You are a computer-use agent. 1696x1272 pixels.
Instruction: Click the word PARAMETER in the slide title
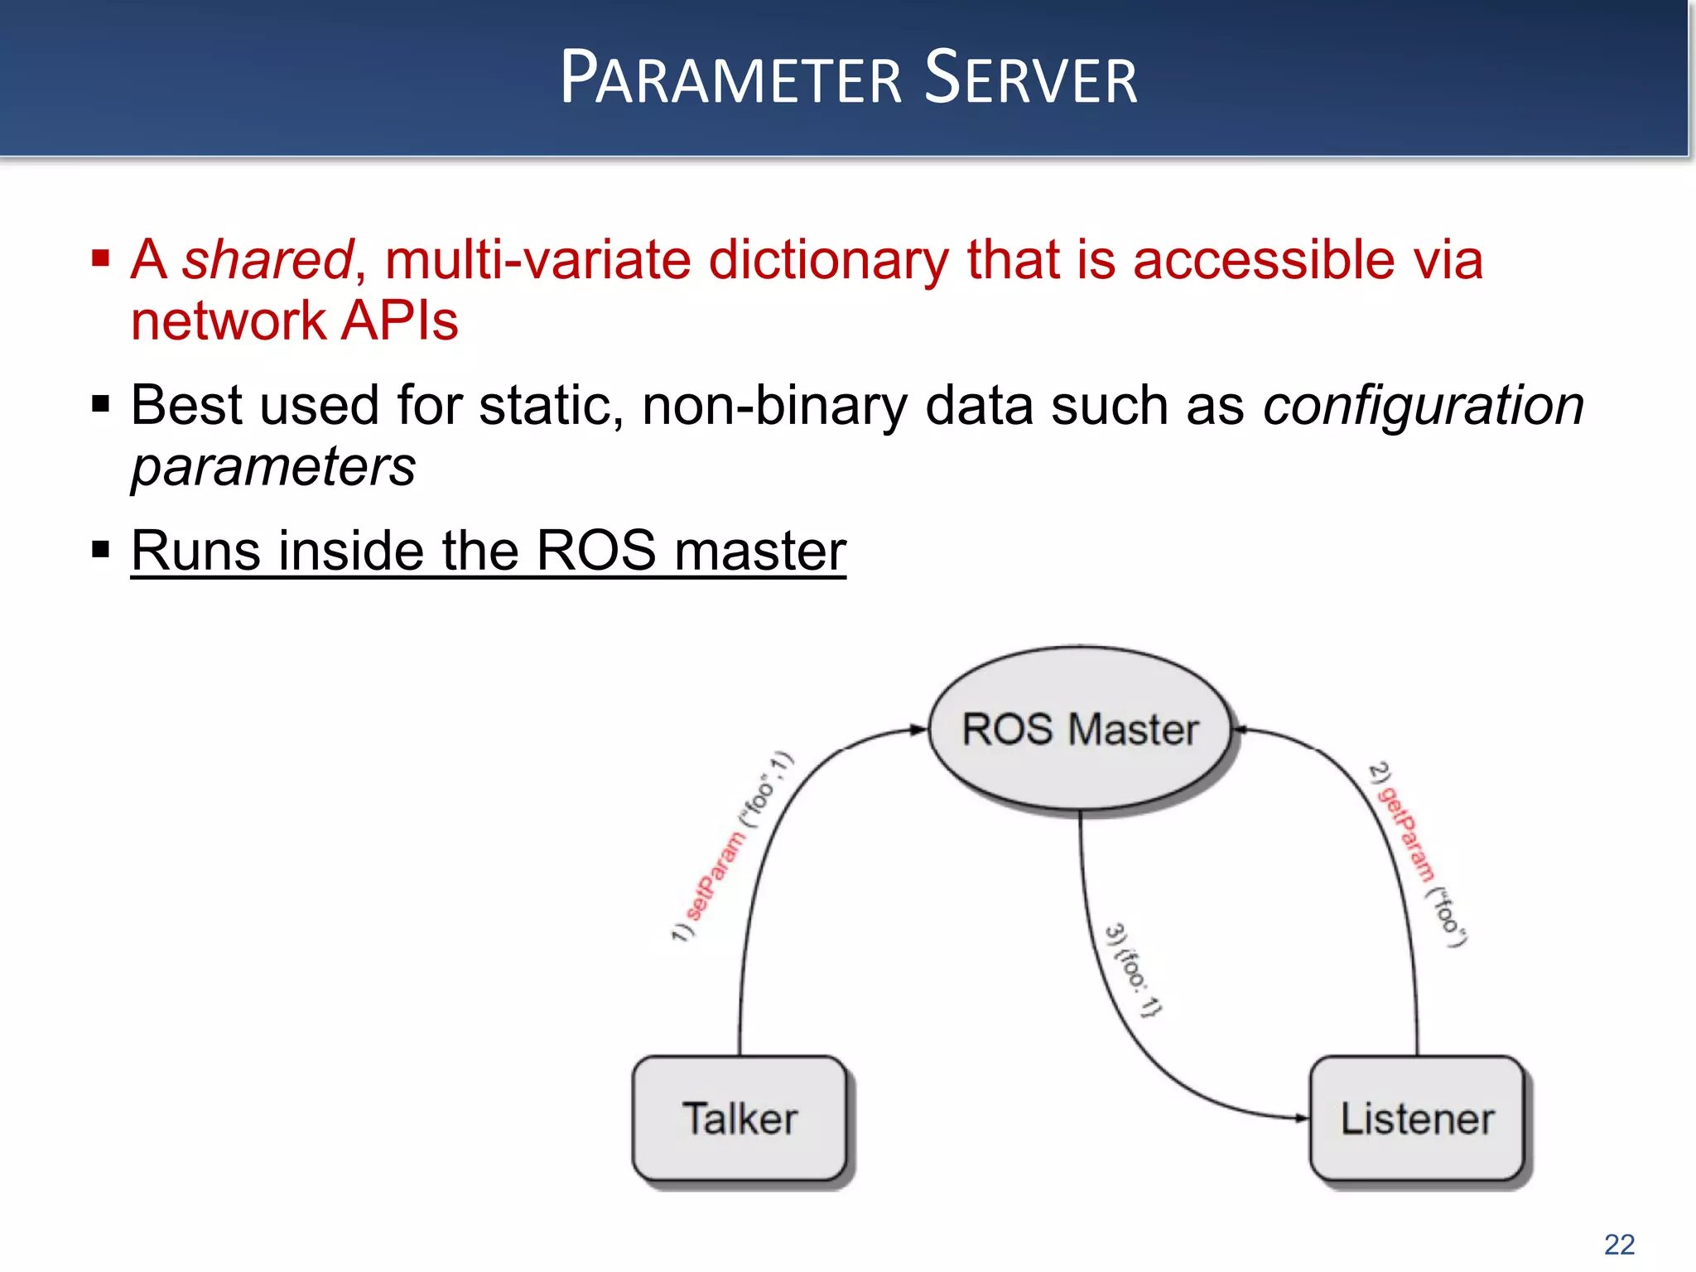tap(730, 79)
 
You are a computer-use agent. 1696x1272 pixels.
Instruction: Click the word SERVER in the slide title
tap(1031, 79)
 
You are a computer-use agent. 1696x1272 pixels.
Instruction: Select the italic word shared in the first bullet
tap(267, 260)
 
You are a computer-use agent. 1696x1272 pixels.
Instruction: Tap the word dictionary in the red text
tap(828, 260)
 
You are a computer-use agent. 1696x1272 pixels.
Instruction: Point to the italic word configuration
tap(1423, 406)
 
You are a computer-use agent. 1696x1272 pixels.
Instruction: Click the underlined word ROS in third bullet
tap(596, 551)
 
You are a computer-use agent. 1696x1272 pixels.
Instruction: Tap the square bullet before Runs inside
tap(101, 550)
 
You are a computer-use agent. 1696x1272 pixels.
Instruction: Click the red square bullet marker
tap(101, 259)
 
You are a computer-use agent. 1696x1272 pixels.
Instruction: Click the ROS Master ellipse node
tap(1080, 730)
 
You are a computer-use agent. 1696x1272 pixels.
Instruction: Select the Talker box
tap(740, 1118)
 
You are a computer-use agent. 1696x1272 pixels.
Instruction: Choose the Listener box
tap(1417, 1118)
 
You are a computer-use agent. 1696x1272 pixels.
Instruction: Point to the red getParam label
tap(1405, 835)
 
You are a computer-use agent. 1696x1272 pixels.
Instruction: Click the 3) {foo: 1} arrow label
tap(1132, 969)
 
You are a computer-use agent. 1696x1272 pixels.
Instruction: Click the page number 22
tap(1619, 1244)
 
